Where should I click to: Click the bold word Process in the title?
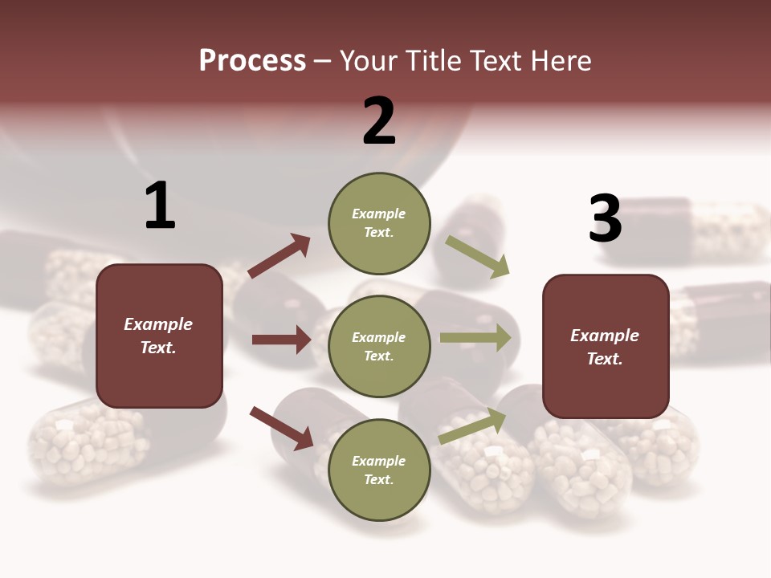pos(252,61)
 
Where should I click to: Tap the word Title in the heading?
pos(436,61)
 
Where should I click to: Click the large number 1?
pos(160,206)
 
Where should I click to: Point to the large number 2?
pos(379,121)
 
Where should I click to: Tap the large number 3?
pos(605,219)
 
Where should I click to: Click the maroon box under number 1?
pos(159,336)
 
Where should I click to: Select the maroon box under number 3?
pos(606,347)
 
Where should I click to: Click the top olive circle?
pos(379,223)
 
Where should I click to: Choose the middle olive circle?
pos(379,346)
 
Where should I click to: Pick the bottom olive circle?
pos(379,470)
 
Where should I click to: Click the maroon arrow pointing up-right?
pos(279,256)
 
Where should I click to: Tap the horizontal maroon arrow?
pos(281,340)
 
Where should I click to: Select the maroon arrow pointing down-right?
pos(281,428)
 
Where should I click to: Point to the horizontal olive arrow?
pos(475,338)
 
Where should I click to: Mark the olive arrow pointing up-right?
pos(472,426)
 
